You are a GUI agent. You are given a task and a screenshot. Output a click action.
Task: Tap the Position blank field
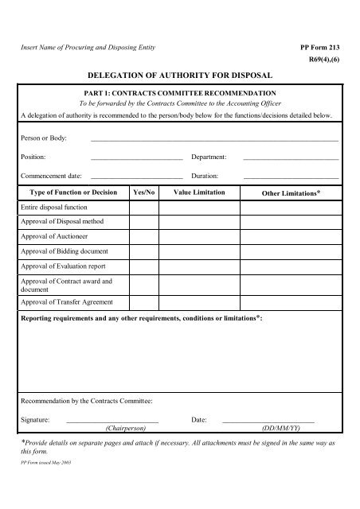136,157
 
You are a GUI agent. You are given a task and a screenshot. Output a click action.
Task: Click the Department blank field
291,157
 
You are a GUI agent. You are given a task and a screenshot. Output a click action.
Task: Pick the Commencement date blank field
136,175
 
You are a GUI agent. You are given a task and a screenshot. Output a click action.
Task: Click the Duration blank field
291,175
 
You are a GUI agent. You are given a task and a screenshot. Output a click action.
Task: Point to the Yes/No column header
144,193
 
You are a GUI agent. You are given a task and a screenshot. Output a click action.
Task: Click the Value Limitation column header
198,193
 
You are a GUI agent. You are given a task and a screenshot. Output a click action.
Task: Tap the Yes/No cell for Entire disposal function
144,208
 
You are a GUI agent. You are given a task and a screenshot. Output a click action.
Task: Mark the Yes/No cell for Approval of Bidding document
144,251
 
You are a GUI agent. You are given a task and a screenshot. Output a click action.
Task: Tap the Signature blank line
112,418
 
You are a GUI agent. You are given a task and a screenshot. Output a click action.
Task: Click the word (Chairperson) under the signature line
125,427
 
